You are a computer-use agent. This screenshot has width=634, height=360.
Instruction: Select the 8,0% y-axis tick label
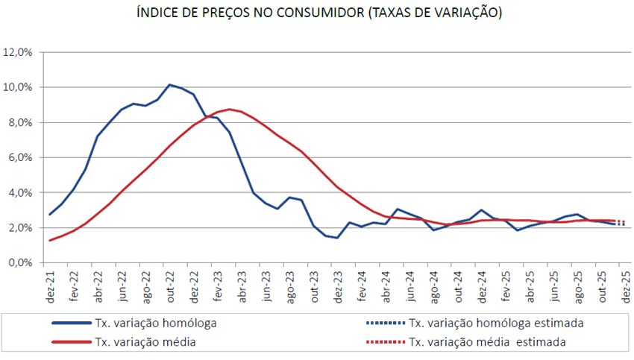pos(19,122)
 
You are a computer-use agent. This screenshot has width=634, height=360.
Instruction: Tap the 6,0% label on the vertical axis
pos(19,157)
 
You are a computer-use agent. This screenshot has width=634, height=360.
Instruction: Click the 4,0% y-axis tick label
pos(19,192)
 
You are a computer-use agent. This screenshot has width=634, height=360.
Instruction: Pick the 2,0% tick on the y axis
pos(19,227)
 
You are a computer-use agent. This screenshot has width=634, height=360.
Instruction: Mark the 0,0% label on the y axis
pos(19,262)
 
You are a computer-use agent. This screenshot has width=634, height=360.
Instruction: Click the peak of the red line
pos(231,109)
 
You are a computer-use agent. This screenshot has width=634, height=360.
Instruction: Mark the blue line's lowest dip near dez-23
pos(337,239)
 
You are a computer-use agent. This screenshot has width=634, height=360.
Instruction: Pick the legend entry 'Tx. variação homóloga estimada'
pos(495,323)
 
